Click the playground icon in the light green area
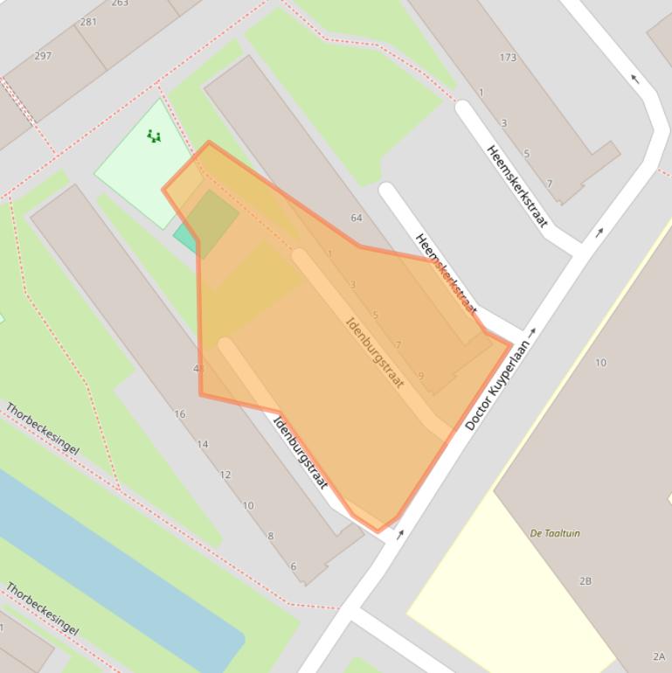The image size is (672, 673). [x=154, y=136]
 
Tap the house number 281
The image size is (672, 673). [x=88, y=22]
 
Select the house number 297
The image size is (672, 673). [x=42, y=56]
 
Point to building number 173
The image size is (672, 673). [x=508, y=59]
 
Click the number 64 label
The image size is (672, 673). [x=356, y=218]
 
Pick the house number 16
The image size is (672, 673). [x=180, y=414]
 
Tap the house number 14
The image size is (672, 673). [x=203, y=445]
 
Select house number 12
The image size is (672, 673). [x=225, y=475]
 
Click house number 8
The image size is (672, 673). [x=271, y=536]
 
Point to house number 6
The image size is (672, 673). [x=294, y=566]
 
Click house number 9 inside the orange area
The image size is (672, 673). [x=420, y=376]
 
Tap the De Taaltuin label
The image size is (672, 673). [x=555, y=533]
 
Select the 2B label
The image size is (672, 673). [x=585, y=581]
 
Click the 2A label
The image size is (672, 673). [x=658, y=656]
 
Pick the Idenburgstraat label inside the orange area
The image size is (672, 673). [x=375, y=353]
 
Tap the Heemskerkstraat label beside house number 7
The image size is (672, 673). [x=517, y=186]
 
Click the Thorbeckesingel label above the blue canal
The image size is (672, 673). [x=42, y=428]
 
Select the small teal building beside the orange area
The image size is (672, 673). [x=184, y=236]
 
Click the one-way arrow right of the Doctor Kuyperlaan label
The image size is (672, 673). [x=533, y=333]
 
